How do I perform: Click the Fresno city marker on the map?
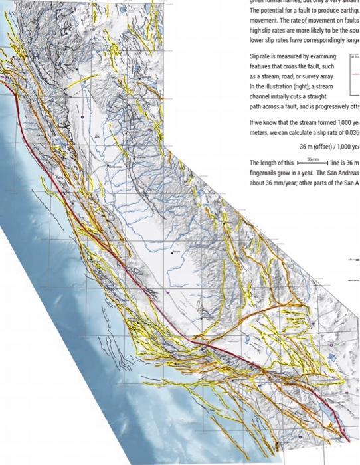coord(174,252)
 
